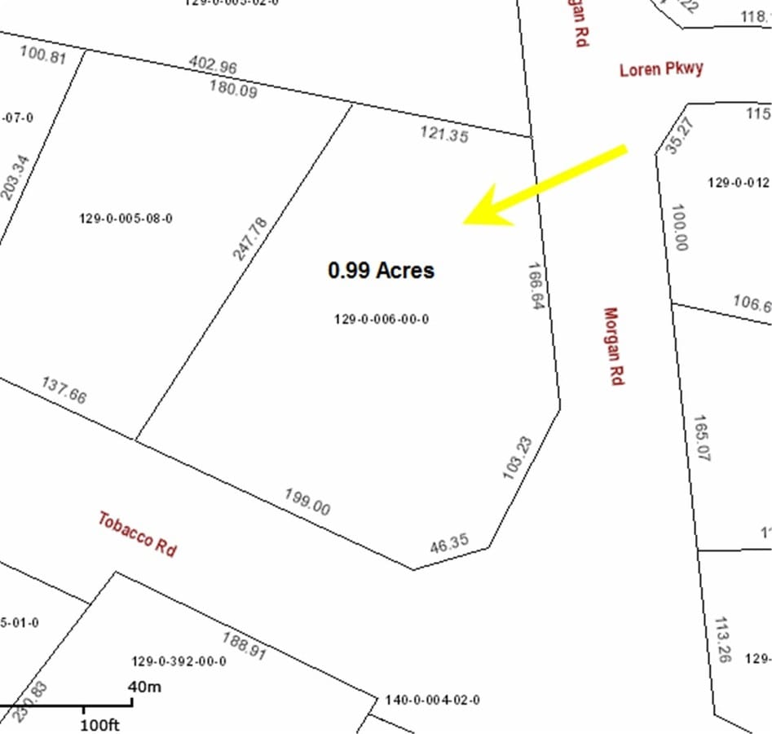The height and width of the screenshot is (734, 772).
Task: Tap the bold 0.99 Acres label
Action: point(381,270)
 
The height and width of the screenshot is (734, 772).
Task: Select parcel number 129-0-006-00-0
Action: point(381,320)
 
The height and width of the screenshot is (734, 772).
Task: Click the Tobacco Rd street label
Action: point(137,533)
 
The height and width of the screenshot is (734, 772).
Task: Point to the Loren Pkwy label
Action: point(661,69)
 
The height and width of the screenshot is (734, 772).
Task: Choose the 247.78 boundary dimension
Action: point(249,238)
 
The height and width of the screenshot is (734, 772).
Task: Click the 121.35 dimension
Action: point(444,135)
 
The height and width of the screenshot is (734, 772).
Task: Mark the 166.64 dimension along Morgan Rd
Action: point(536,290)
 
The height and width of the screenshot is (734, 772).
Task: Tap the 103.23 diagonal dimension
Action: point(518,458)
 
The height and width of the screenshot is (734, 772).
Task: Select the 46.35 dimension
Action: point(448,544)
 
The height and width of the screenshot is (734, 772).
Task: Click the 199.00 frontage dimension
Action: point(307,502)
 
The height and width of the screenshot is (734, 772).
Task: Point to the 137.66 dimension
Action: point(64,390)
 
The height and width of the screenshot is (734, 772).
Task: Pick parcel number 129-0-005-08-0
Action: point(126,219)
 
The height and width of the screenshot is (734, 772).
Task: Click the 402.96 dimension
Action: point(213,64)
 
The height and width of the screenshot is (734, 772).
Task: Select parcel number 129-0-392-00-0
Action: point(179,661)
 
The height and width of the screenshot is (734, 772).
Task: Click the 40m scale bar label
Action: point(144,687)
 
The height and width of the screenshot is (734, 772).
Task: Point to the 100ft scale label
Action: point(101,724)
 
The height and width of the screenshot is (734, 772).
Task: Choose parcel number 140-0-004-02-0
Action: point(432,700)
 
